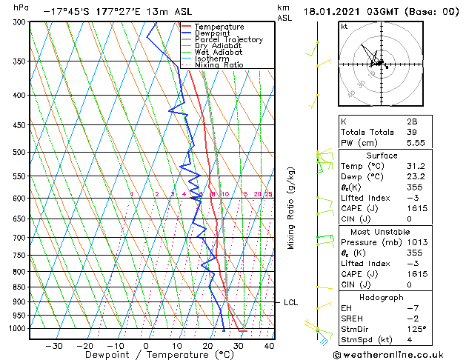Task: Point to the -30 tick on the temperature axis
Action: (x=54, y=345)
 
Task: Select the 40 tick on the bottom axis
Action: (x=269, y=345)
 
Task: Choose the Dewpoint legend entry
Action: (x=212, y=33)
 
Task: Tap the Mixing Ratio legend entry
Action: (x=219, y=65)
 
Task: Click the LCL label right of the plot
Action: (x=290, y=302)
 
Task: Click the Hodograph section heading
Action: (x=381, y=297)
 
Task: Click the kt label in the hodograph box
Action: (x=344, y=27)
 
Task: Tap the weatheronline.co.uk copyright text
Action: (x=398, y=354)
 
